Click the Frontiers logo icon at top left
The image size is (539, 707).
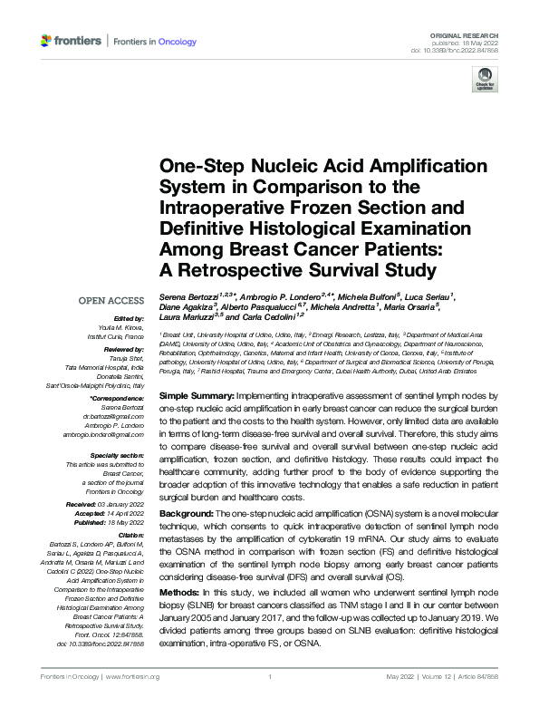[x=47, y=41]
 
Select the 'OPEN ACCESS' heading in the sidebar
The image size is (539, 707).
[x=111, y=300]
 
